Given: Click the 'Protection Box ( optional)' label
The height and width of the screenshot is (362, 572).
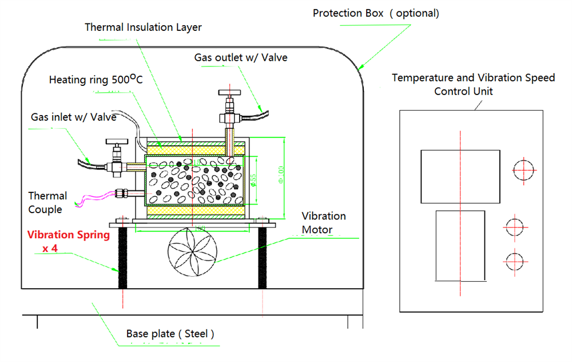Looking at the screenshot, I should (376, 13).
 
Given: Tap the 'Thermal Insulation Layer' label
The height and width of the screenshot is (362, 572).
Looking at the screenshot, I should (143, 27).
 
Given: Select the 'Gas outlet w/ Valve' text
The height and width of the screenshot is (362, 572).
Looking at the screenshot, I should (241, 57).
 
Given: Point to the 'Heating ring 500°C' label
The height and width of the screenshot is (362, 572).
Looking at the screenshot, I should (96, 79).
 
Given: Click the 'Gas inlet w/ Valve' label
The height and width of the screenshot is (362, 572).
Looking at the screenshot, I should (74, 117).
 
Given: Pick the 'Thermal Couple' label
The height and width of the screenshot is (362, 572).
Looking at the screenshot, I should (47, 203).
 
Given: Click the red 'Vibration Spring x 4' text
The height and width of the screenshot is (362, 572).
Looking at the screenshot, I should (68, 241).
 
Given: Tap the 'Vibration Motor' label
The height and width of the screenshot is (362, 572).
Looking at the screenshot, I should (324, 223).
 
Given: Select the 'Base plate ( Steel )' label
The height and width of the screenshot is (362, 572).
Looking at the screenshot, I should (170, 333).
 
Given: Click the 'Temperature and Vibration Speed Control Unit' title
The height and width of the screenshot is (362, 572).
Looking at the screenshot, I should (473, 84).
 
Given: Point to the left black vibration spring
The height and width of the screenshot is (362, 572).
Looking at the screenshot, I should (122, 257).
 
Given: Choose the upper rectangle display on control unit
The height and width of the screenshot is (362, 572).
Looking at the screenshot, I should (460, 176).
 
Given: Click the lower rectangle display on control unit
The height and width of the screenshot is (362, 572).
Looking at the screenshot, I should (460, 245).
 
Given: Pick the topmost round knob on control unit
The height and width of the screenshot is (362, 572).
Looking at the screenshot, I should (524, 170).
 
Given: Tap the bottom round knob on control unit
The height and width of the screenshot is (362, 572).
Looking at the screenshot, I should (514, 261).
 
